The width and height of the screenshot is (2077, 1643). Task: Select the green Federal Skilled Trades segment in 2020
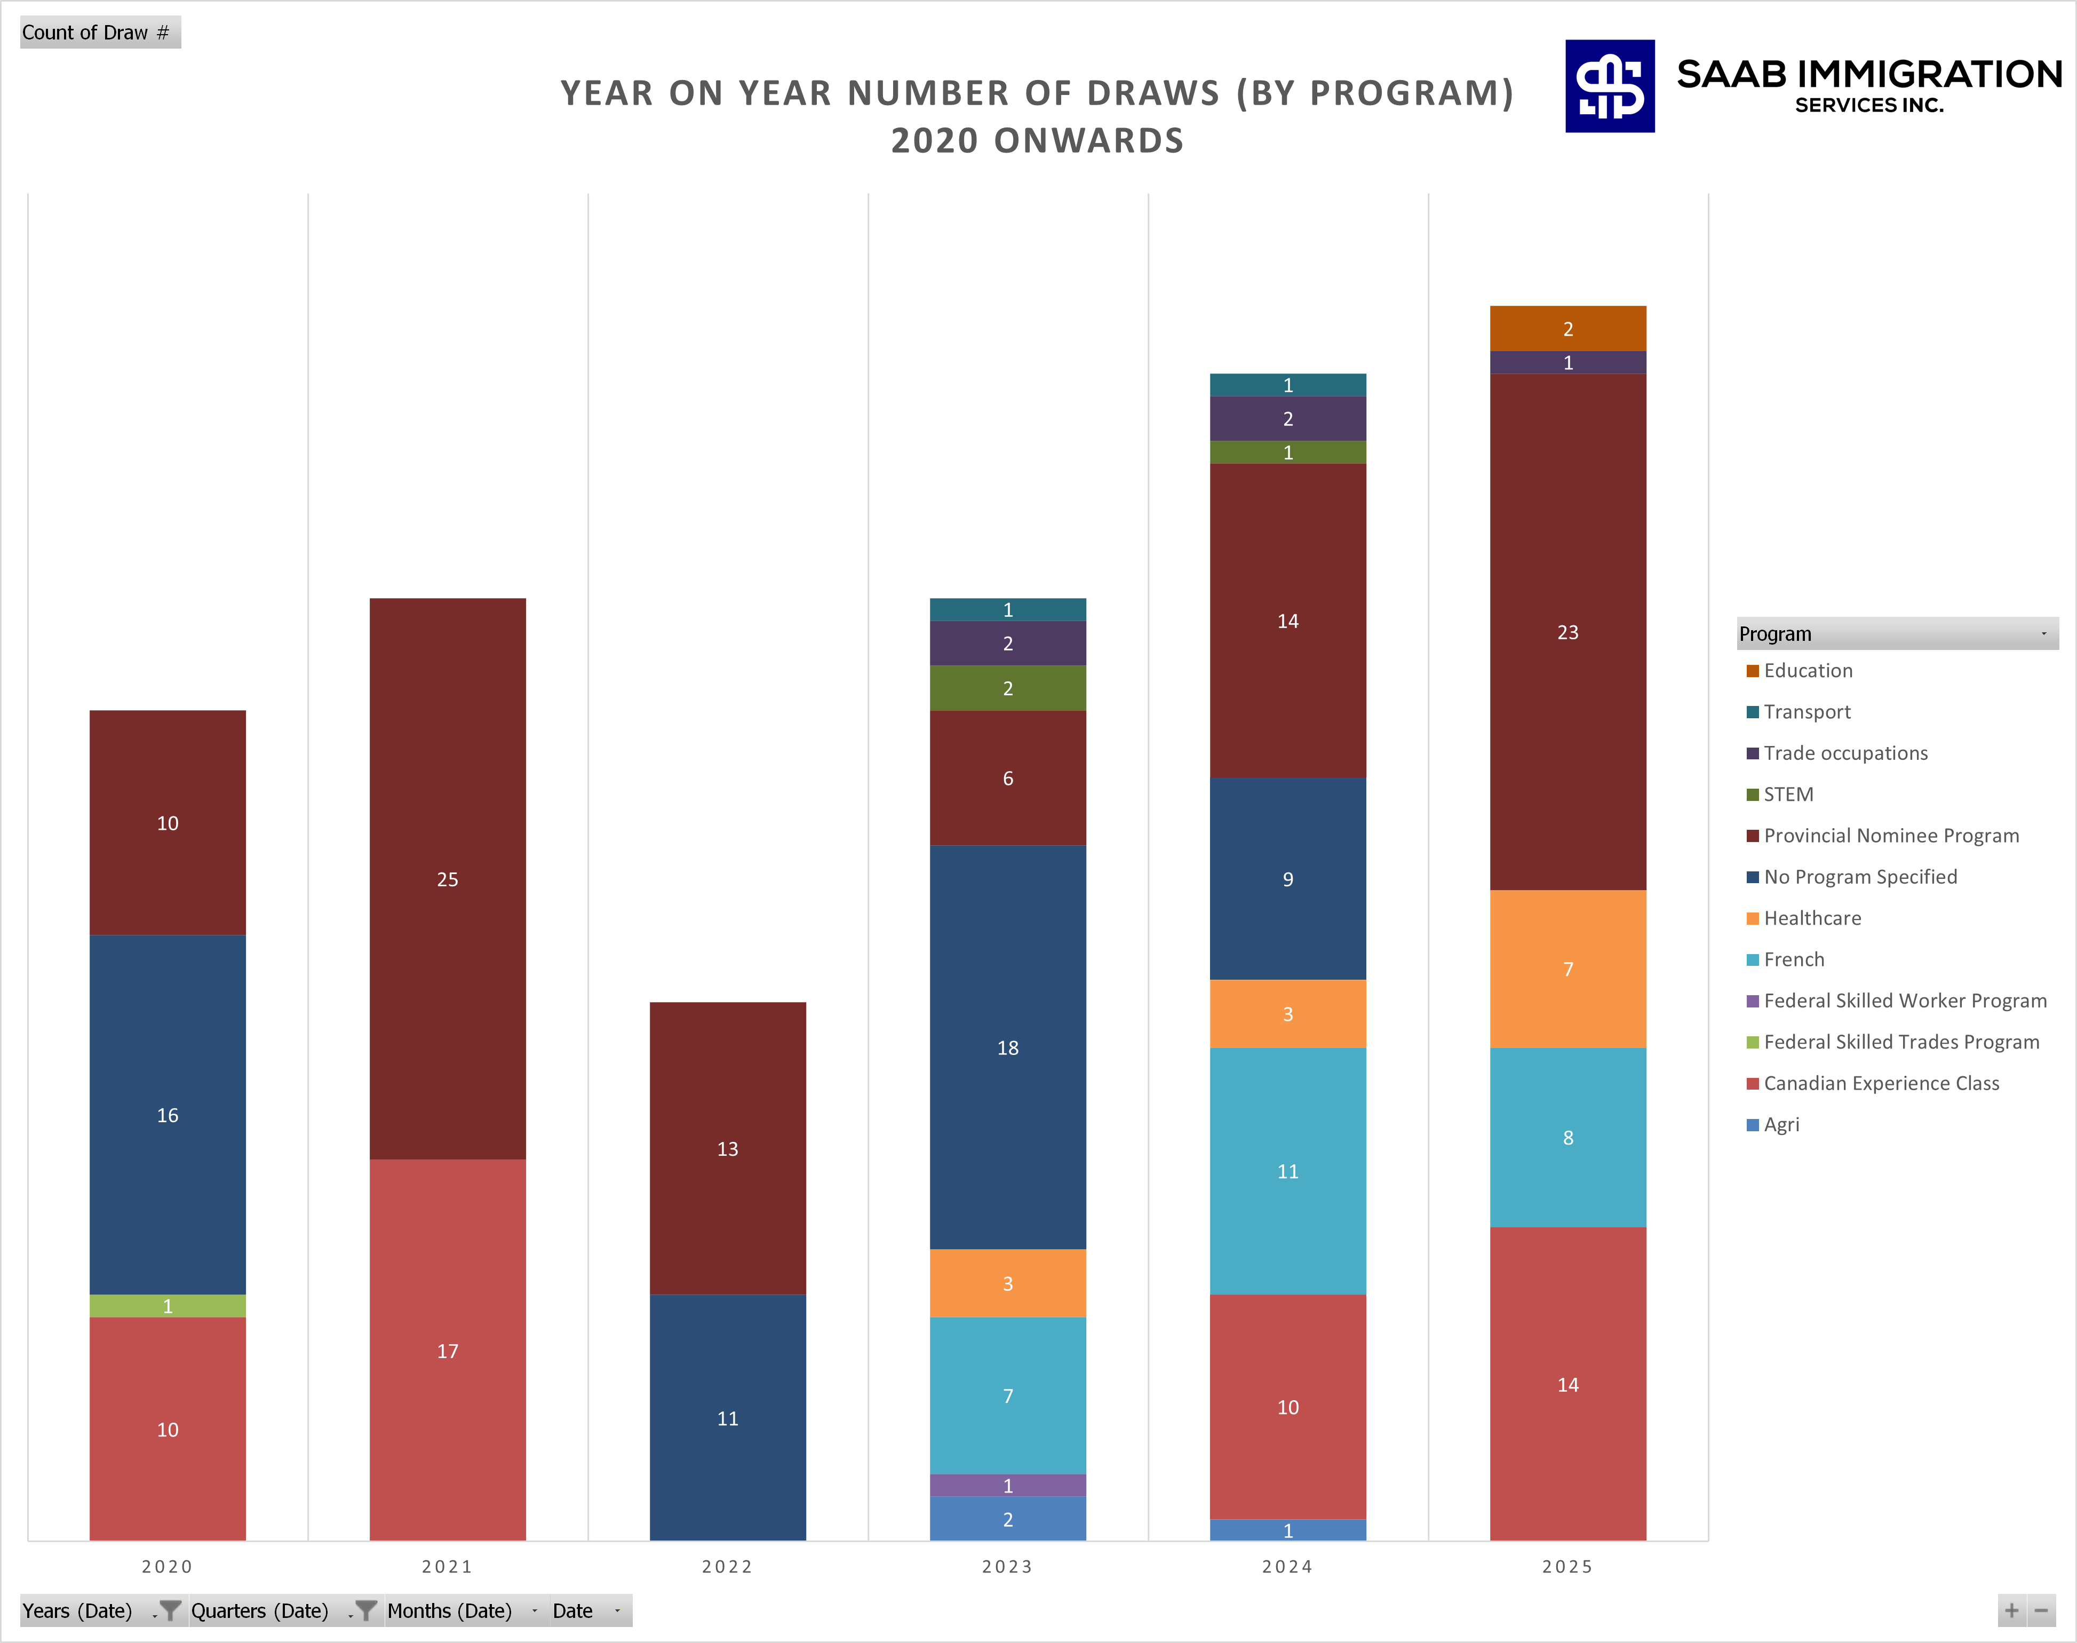click(x=168, y=1305)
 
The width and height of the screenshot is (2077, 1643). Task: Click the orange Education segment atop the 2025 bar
click(x=1567, y=328)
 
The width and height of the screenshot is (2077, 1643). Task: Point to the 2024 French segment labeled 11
click(x=1287, y=1171)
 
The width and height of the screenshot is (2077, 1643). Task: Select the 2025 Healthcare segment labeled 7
click(x=1567, y=969)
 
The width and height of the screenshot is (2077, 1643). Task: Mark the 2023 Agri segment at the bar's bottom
click(x=1008, y=1519)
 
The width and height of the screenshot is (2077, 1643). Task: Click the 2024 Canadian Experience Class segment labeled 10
click(x=1287, y=1407)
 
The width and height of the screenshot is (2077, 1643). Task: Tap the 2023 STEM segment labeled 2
click(x=1008, y=688)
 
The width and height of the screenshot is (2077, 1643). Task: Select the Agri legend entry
click(x=1781, y=1124)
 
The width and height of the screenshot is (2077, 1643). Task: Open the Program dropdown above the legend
click(x=2043, y=634)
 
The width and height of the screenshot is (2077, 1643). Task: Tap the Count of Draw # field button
click(x=100, y=33)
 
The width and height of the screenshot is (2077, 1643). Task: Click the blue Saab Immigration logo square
click(x=1610, y=85)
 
